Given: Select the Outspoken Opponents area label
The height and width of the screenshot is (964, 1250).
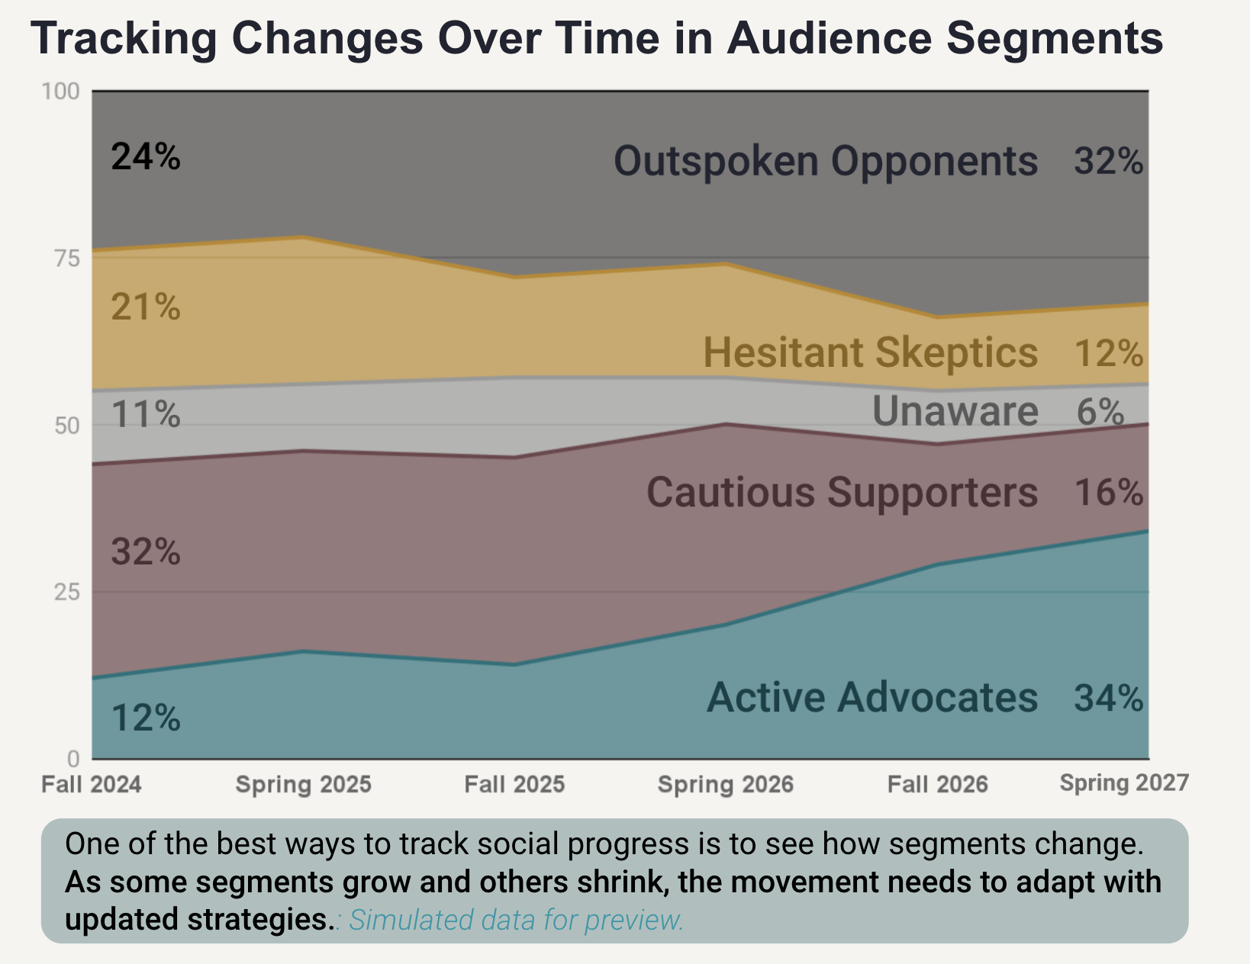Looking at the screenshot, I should pyautogui.click(x=826, y=162).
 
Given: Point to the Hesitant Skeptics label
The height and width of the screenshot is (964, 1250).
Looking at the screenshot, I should pyautogui.click(x=870, y=353).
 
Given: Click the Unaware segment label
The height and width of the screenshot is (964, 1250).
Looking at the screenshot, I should pyautogui.click(x=955, y=412).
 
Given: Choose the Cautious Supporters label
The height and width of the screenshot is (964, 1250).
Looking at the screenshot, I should pyautogui.click(x=842, y=492).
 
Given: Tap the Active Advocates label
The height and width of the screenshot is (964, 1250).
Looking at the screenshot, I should pyautogui.click(x=872, y=697).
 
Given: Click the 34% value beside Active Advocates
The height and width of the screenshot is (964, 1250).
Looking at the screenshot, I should pyautogui.click(x=1108, y=697).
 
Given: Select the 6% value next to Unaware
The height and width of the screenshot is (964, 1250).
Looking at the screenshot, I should pyautogui.click(x=1100, y=412).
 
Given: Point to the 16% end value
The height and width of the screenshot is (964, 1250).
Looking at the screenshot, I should pyautogui.click(x=1108, y=493).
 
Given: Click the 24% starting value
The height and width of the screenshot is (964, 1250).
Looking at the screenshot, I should pyautogui.click(x=146, y=157).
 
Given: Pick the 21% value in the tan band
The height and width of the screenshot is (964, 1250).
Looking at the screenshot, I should pyautogui.click(x=146, y=307).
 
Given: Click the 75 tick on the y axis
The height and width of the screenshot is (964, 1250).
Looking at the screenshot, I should pyautogui.click(x=66, y=259).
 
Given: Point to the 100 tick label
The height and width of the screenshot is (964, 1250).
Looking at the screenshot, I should pyautogui.click(x=60, y=92).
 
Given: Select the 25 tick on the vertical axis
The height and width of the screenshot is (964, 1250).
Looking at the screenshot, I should pyautogui.click(x=66, y=592).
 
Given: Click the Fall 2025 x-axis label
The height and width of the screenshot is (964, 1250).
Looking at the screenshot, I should pyautogui.click(x=514, y=784).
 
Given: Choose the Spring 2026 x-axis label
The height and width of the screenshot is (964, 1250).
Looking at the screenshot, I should pyautogui.click(x=725, y=784).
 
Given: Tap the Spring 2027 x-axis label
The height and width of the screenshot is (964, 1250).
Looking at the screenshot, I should pyautogui.click(x=1124, y=782).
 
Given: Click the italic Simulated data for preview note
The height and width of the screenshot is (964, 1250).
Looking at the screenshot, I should pyautogui.click(x=516, y=920).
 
